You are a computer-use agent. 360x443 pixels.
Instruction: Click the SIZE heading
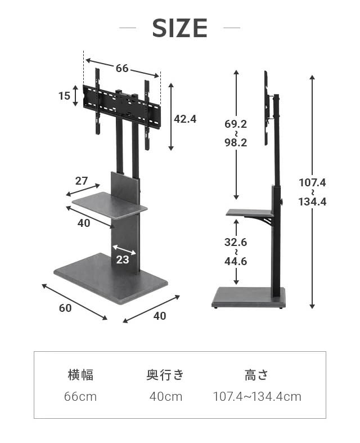pyautogui.click(x=180, y=28)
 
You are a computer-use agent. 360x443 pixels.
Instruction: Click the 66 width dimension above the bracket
pyautogui.click(x=122, y=69)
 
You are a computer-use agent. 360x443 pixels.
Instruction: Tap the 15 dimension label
pyautogui.click(x=64, y=96)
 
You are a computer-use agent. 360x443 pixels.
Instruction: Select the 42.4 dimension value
pyautogui.click(x=185, y=119)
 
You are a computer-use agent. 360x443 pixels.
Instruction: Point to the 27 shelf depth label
pyautogui.click(x=82, y=181)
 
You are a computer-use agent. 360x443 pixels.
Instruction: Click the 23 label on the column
pyautogui.click(x=123, y=259)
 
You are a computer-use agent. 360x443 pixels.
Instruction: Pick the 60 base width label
pyautogui.click(x=65, y=308)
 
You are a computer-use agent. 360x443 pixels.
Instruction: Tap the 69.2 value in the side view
pyautogui.click(x=236, y=124)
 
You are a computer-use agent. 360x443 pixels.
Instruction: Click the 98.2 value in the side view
pyautogui.click(x=236, y=143)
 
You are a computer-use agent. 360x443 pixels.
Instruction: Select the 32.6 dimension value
pyautogui.click(x=236, y=243)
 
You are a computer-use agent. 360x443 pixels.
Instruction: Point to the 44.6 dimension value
pyautogui.click(x=236, y=261)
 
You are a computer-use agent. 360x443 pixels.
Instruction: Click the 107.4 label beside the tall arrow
pyautogui.click(x=312, y=183)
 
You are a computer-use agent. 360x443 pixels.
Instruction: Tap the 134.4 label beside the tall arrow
pyautogui.click(x=312, y=202)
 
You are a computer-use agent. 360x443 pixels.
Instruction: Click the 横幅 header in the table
pyautogui.click(x=80, y=375)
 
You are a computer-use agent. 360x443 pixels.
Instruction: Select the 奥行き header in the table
pyautogui.click(x=165, y=375)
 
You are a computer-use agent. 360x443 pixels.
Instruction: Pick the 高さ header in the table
pyautogui.click(x=256, y=375)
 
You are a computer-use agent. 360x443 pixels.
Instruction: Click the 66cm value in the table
pyautogui.click(x=80, y=397)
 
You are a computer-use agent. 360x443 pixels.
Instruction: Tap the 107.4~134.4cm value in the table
pyautogui.click(x=257, y=397)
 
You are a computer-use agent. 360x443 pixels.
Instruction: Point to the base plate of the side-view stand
pyautogui.click(x=248, y=297)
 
